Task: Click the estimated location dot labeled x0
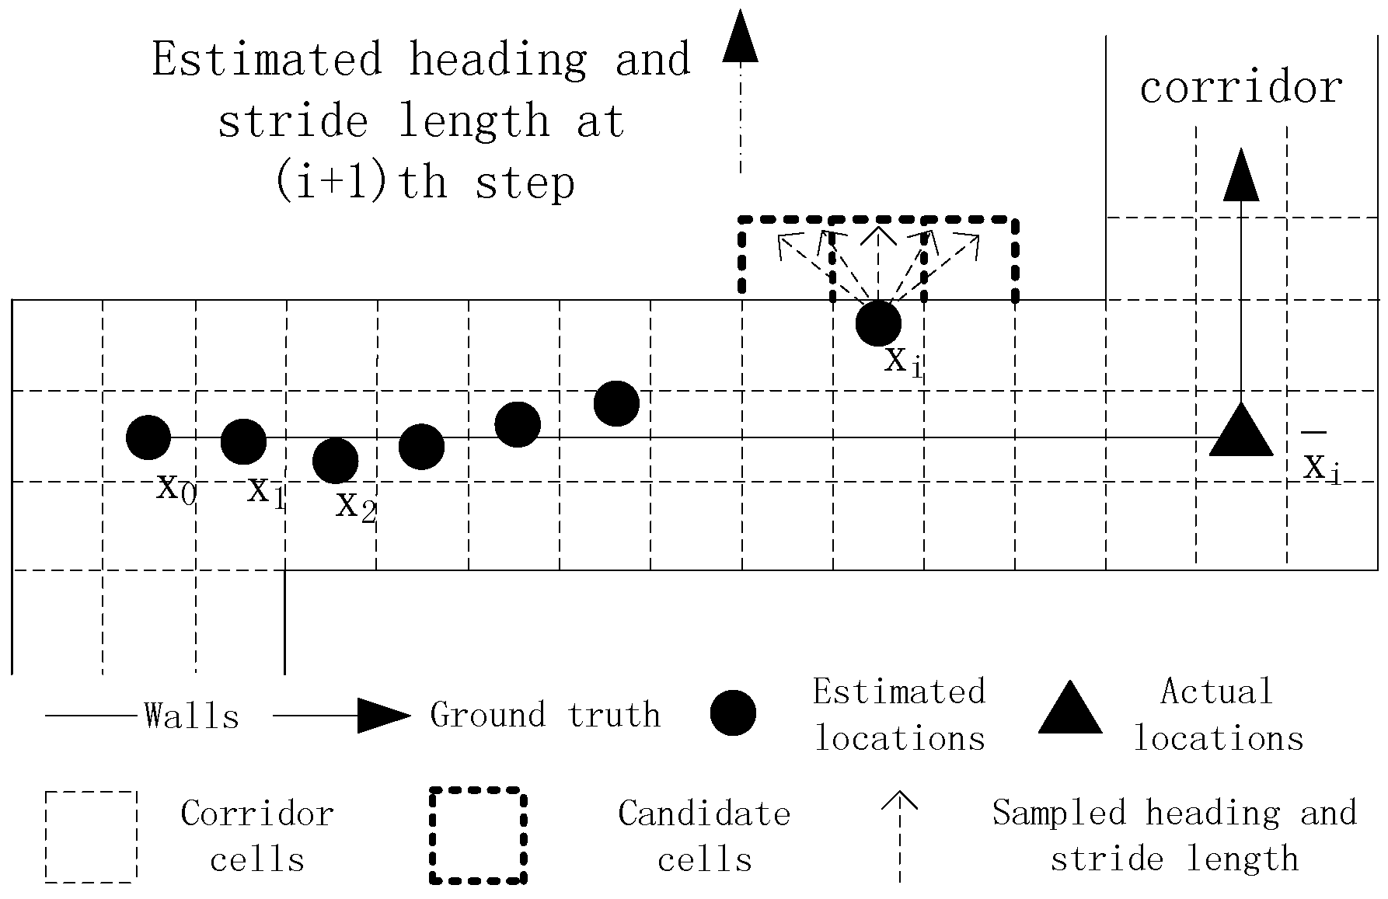[x=148, y=437]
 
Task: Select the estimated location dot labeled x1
[x=244, y=441]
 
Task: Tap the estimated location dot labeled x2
[x=335, y=461]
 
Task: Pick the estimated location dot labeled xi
[x=878, y=323]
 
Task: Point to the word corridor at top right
[x=1240, y=87]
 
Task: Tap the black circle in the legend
[x=733, y=713]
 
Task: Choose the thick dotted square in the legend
[x=478, y=836]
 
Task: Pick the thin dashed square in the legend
[x=91, y=837]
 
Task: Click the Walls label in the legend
[x=191, y=716]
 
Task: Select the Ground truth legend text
[x=545, y=715]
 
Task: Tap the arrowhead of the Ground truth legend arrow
[x=382, y=715]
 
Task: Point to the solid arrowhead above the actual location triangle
[x=1241, y=175]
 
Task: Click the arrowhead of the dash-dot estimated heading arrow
[x=740, y=37]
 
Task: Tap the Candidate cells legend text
[x=704, y=837]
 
